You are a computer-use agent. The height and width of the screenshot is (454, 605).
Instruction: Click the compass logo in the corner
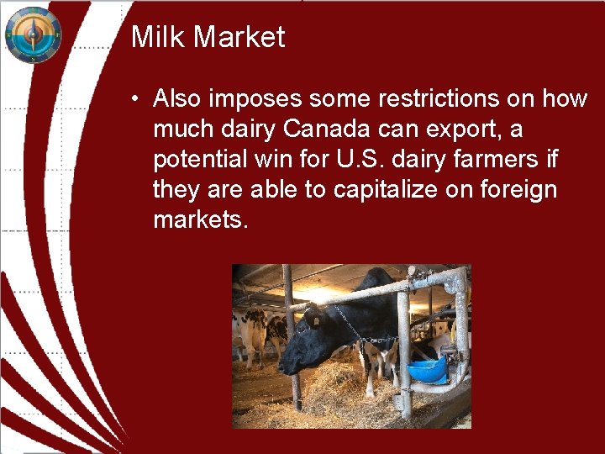click(x=33, y=34)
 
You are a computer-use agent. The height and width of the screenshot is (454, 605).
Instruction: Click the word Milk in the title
click(x=155, y=37)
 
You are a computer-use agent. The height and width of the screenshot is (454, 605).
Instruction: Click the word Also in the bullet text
click(x=177, y=99)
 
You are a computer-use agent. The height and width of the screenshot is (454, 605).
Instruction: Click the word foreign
click(x=518, y=190)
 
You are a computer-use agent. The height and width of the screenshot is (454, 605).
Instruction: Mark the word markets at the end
click(x=200, y=220)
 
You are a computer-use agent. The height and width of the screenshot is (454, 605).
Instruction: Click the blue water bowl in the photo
click(x=428, y=369)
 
